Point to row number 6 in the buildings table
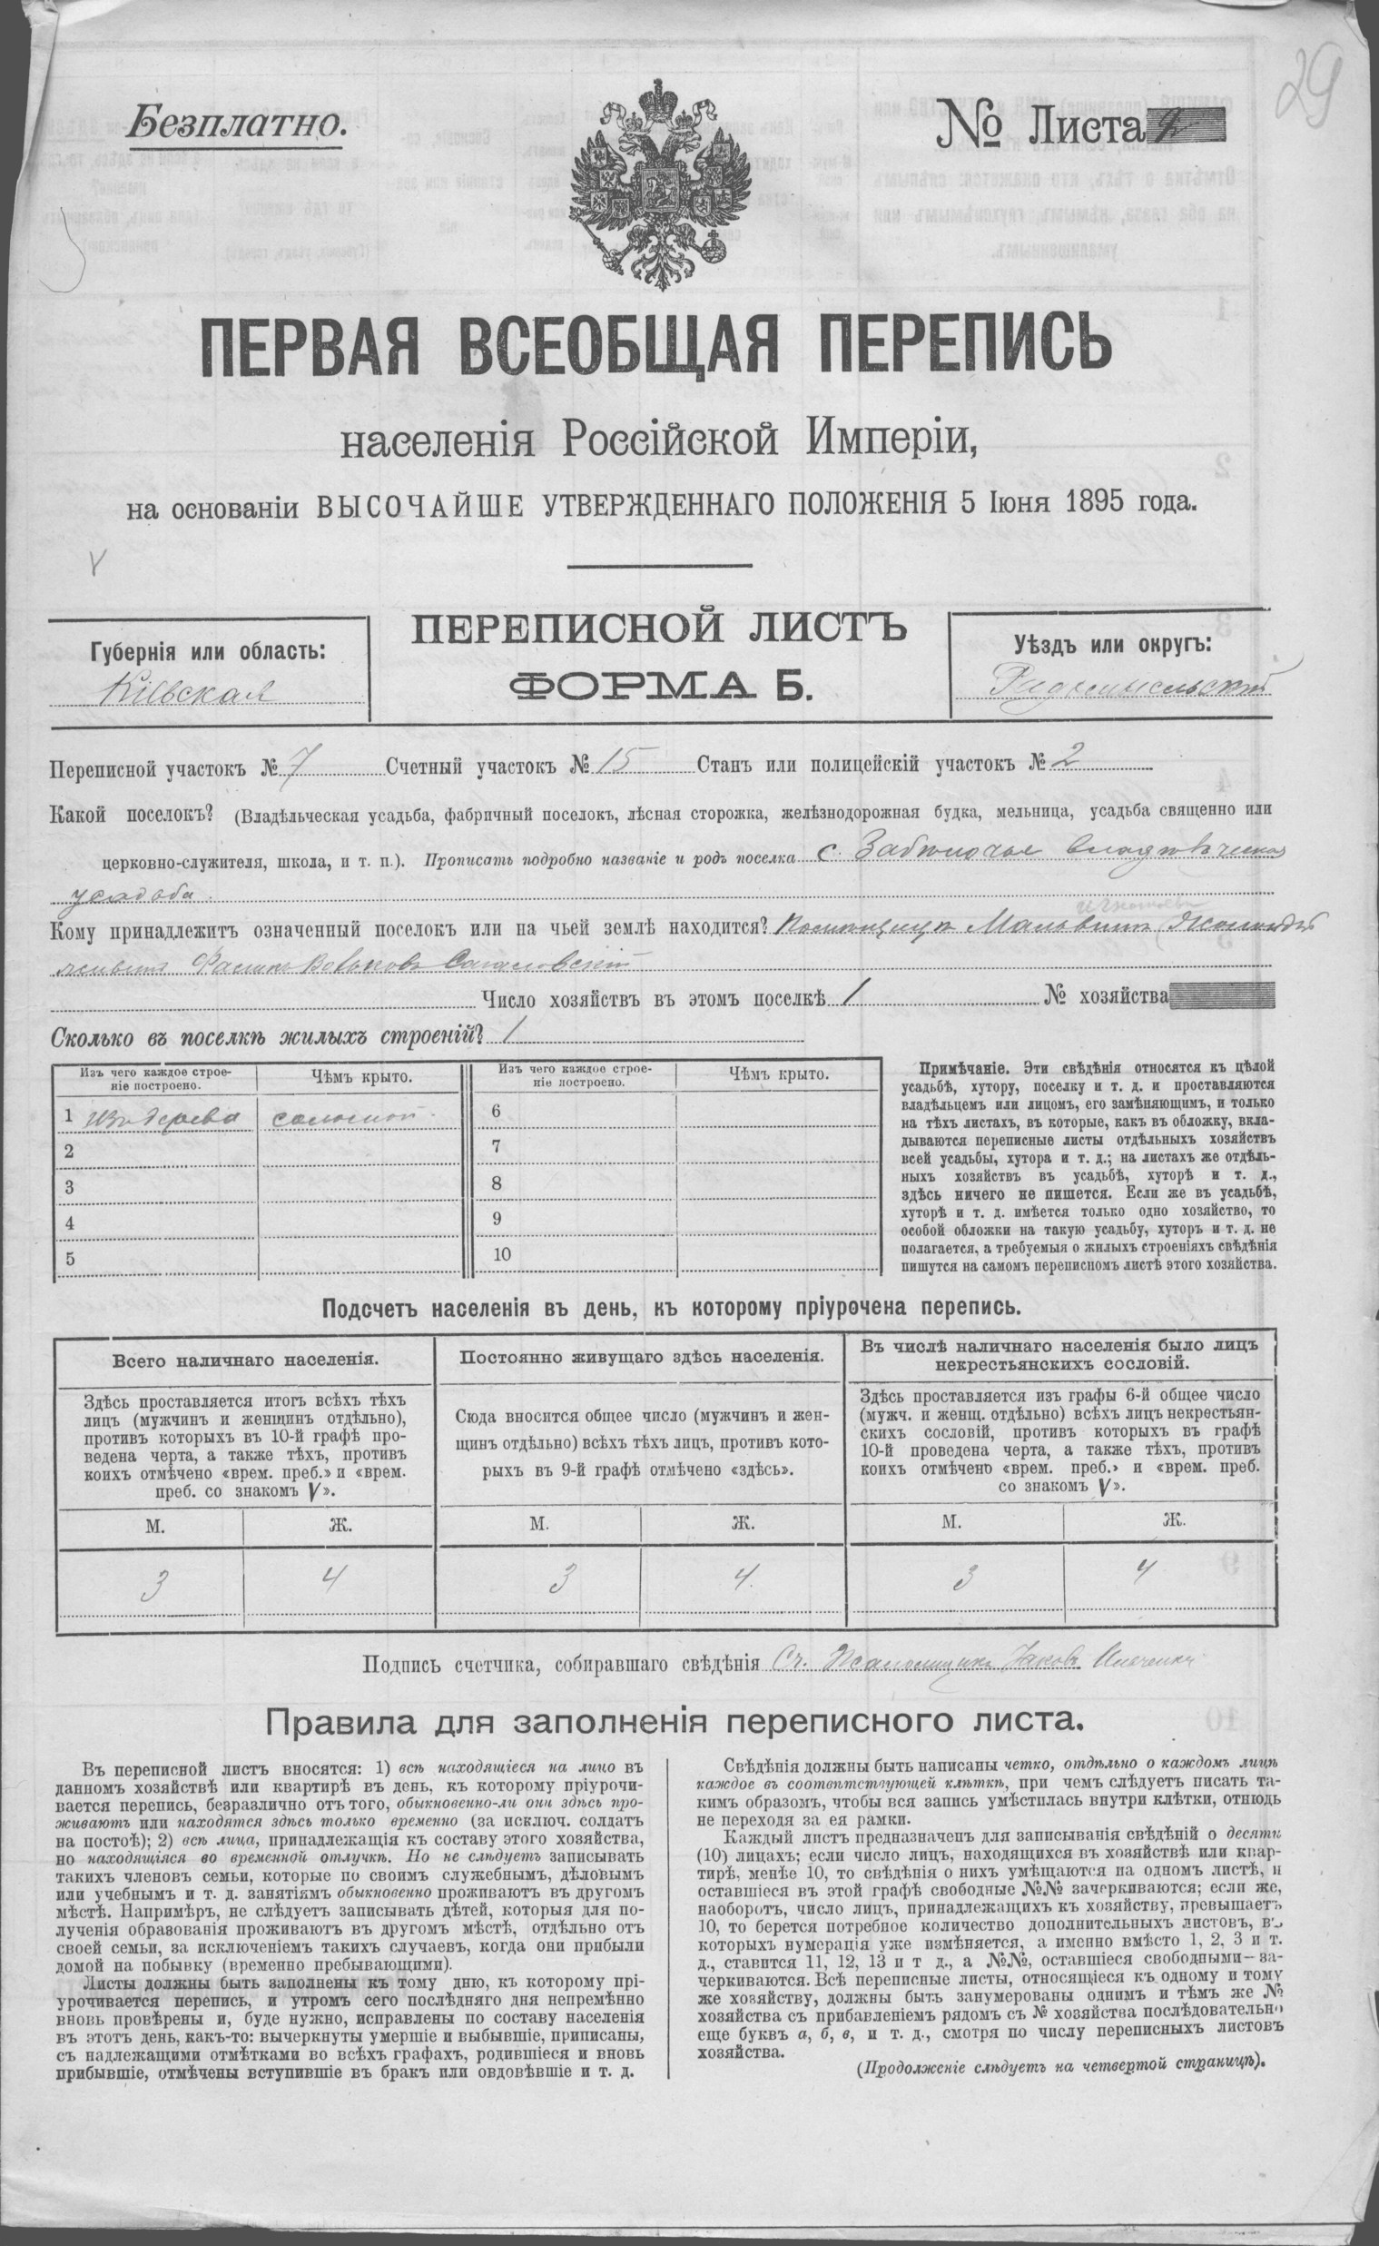click(x=497, y=1110)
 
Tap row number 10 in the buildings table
click(x=502, y=1254)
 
